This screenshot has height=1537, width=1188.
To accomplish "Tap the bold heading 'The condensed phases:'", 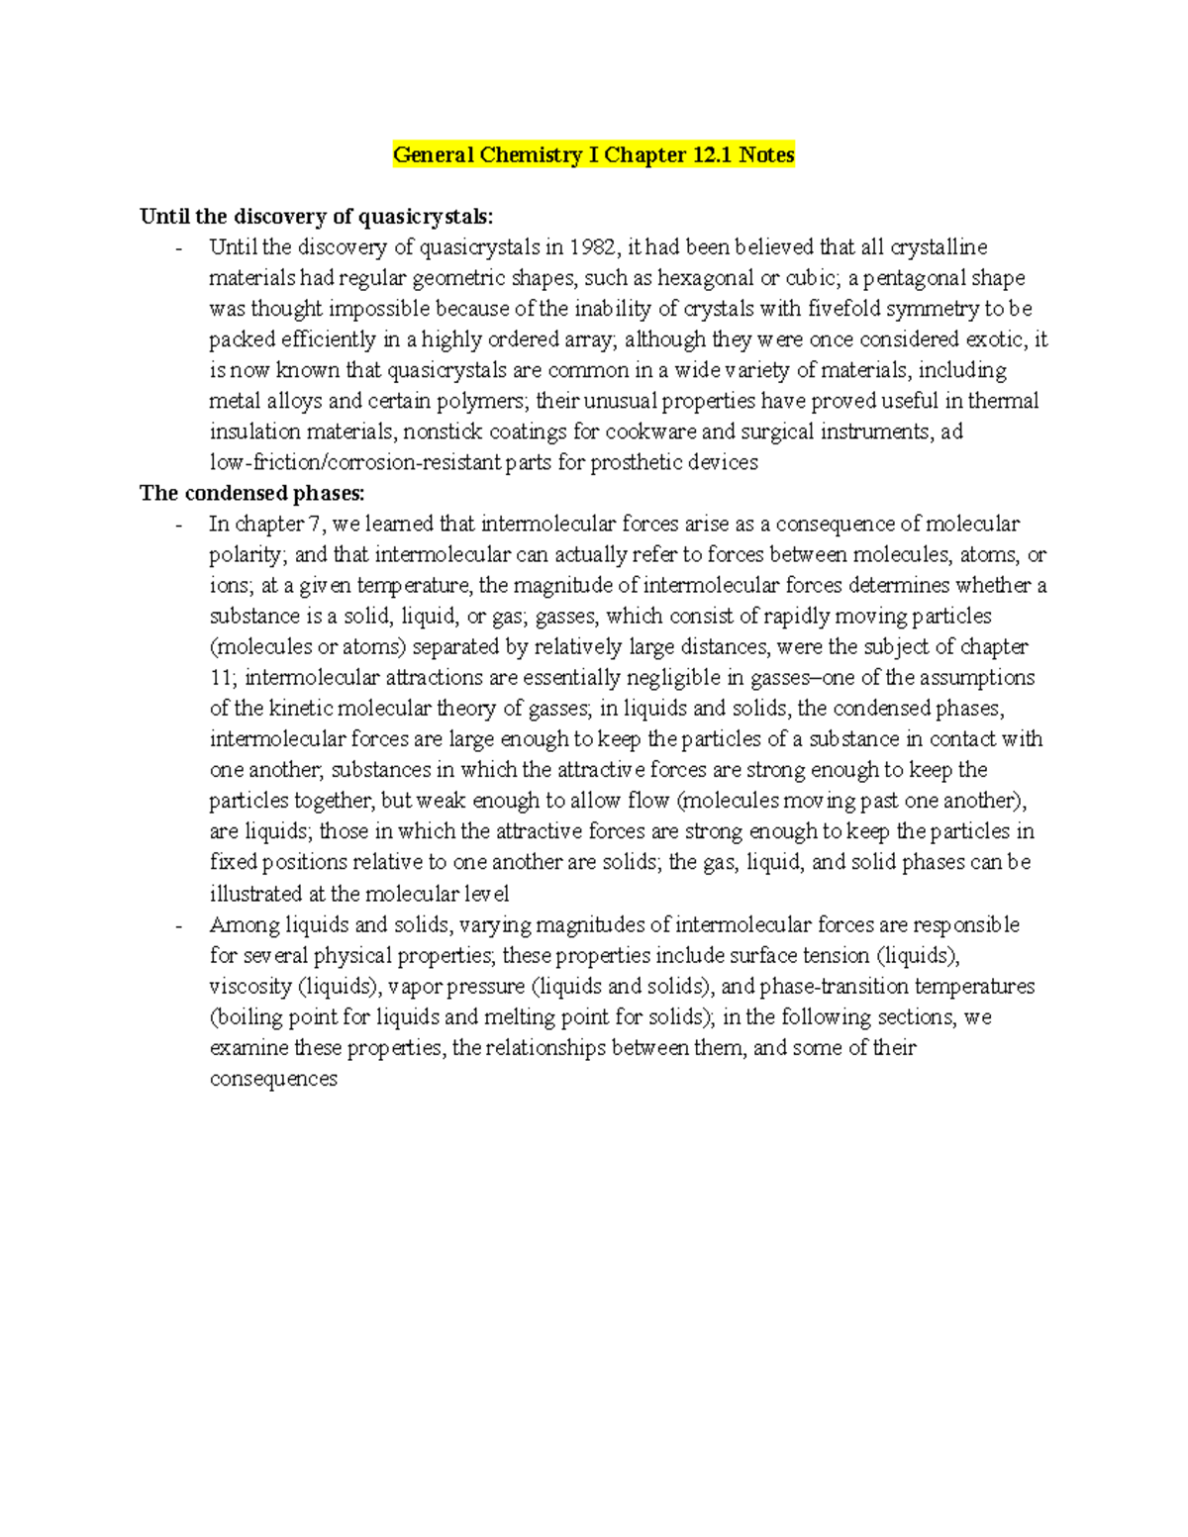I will (x=252, y=493).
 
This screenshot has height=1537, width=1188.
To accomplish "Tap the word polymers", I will (x=487, y=401).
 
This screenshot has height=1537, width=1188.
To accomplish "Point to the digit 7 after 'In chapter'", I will (x=316, y=524).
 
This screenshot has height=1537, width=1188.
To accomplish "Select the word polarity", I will (x=247, y=555).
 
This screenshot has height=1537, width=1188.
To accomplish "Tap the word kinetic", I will (x=299, y=709).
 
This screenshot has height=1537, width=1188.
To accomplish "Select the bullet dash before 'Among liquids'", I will (x=178, y=925).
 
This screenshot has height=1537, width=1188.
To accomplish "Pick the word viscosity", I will (x=250, y=987).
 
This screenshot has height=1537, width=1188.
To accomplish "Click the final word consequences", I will (x=273, y=1079).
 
